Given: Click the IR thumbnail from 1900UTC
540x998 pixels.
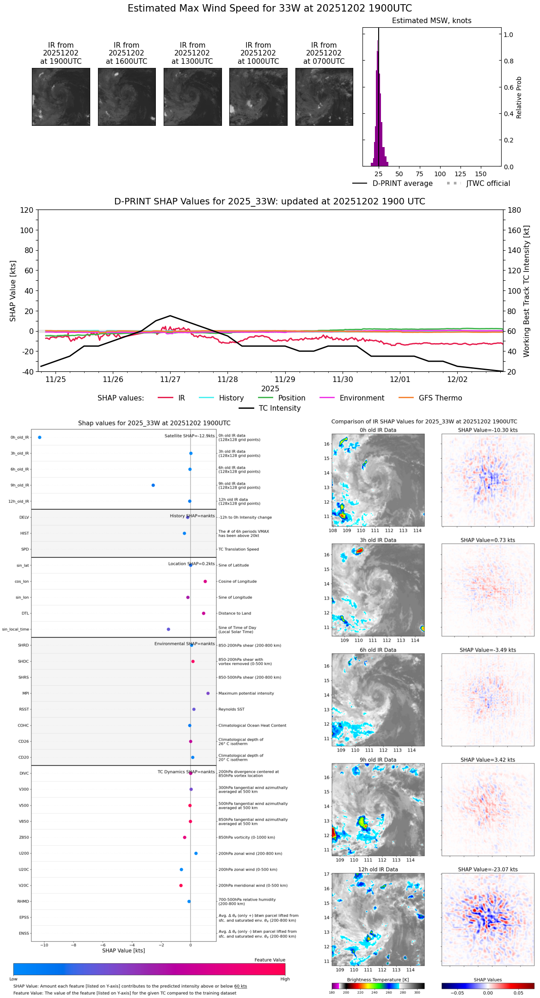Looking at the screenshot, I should click(61, 97).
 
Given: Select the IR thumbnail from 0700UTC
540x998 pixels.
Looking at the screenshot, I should click(324, 97).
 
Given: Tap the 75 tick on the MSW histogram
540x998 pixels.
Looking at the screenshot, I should click(419, 174).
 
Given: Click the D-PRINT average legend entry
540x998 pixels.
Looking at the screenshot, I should click(402, 184).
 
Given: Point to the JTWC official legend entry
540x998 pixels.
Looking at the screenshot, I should click(488, 184).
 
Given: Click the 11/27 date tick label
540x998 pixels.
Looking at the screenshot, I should click(170, 380).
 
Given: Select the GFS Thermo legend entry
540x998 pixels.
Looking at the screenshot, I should click(440, 398).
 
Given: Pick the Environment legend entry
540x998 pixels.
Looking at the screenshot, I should click(362, 398).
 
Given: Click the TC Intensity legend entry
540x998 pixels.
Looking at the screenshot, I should click(279, 408).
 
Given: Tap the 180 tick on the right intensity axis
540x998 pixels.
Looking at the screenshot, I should click(515, 210).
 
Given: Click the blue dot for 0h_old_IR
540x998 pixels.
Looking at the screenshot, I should click(40, 437).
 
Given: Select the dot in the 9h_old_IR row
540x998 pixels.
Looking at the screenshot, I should click(153, 485).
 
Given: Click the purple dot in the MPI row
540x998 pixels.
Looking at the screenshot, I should click(208, 693).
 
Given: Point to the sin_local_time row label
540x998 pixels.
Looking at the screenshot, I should click(15, 629).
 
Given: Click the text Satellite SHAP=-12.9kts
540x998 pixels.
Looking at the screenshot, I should click(190, 436).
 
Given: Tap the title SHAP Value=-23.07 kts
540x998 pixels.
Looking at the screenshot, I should click(488, 869).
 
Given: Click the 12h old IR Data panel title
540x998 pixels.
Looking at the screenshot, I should click(378, 869).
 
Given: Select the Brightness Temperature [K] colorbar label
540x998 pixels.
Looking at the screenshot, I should click(378, 980).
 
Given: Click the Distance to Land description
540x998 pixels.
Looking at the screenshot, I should click(234, 614).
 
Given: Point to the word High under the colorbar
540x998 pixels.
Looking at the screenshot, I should click(285, 979).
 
